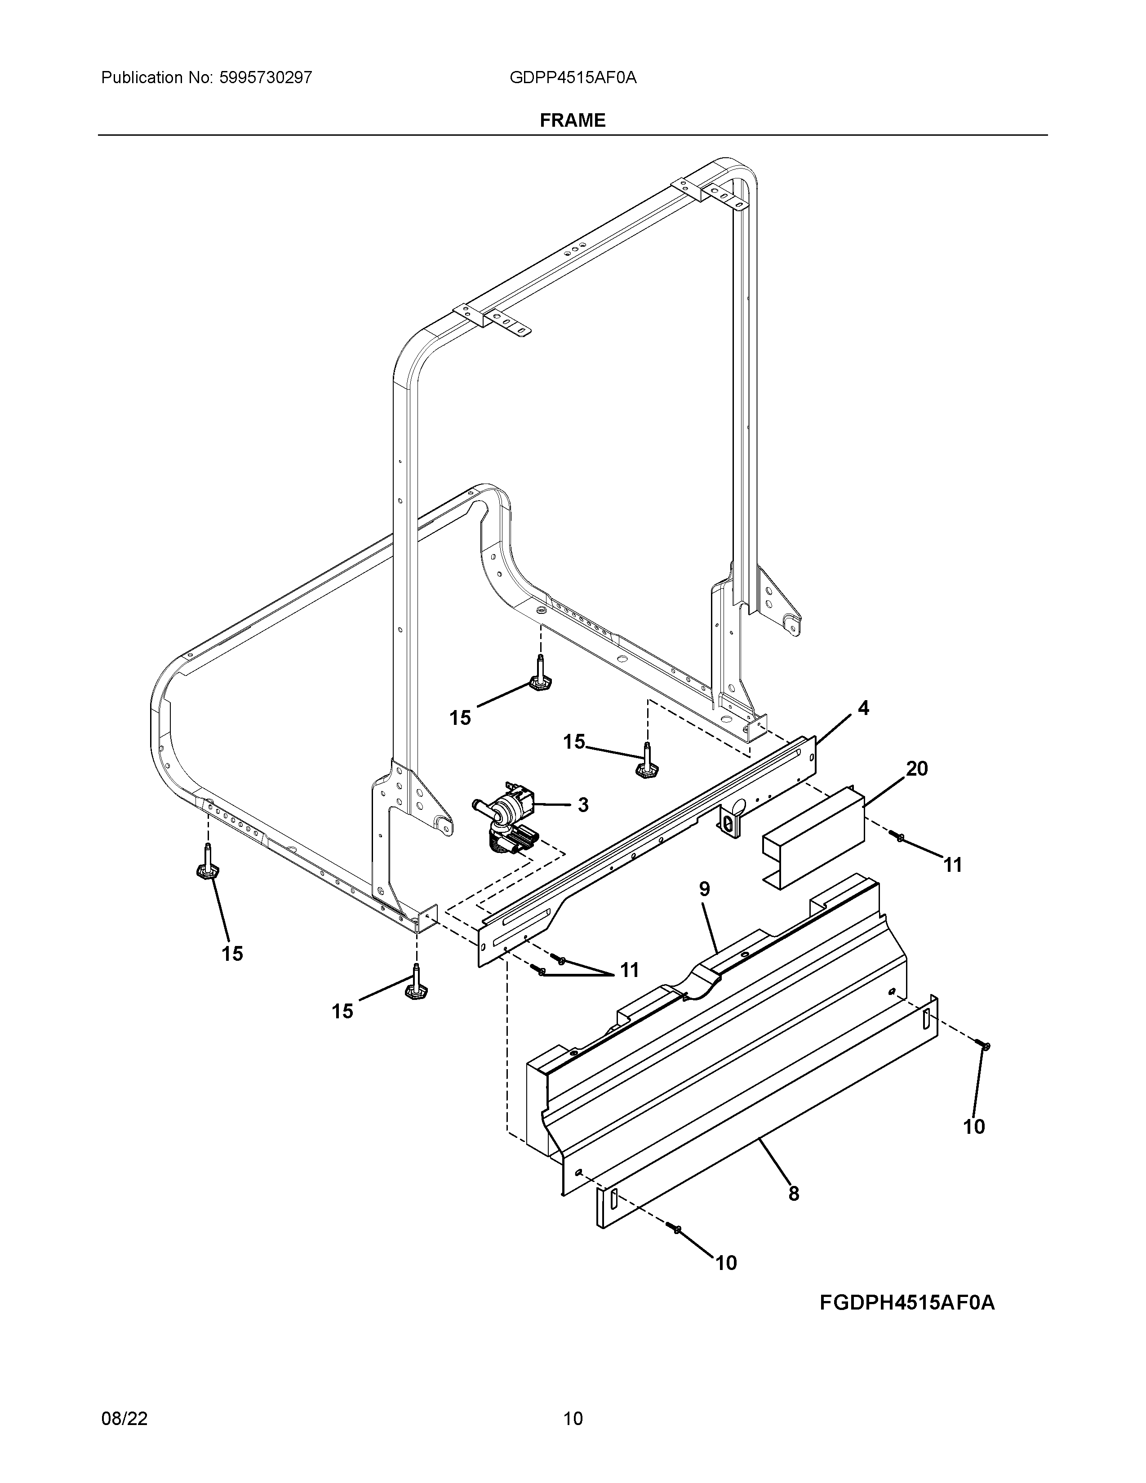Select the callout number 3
[582, 805]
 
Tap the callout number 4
[863, 708]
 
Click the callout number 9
[704, 889]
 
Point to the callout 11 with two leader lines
[629, 970]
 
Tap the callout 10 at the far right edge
[973, 1127]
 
